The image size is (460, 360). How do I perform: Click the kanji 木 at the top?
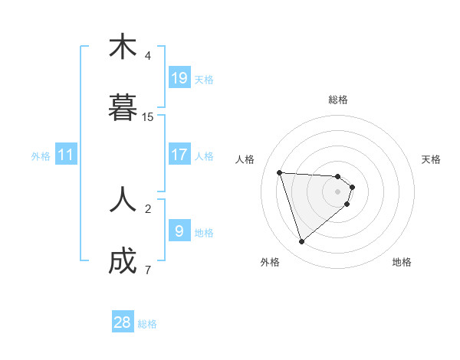pos(123,47)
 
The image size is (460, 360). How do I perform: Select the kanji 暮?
pos(123,107)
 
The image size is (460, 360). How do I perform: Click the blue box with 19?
pos(179,78)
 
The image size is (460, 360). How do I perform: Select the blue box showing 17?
pos(179,155)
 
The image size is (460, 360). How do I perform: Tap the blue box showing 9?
pos(179,231)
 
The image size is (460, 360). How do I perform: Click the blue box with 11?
pos(66,155)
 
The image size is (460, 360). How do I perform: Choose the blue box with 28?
pos(123,322)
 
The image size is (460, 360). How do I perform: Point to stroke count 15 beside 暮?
pos(148,117)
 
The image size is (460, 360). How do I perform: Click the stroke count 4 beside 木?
pos(148,56)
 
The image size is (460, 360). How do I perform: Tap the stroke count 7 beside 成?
pos(148,270)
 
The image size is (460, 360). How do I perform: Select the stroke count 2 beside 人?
pos(148,208)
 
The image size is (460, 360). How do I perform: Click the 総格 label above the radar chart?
pos(338,100)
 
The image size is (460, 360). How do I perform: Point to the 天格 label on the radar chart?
pos(431,159)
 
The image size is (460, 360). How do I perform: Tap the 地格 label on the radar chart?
pos(402,262)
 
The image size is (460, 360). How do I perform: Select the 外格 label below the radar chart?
pos(270,262)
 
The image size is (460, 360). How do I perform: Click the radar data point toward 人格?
pos(280,172)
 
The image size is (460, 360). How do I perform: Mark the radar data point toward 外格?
pos(301,242)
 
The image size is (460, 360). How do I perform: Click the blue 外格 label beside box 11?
pos(41,156)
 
